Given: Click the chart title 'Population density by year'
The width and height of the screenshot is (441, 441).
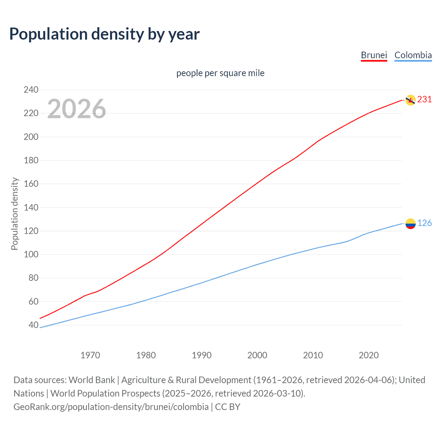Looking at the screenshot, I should (104, 34).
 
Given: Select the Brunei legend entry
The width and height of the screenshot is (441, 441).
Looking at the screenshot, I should (374, 55).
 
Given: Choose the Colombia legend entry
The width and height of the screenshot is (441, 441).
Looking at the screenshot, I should (413, 55).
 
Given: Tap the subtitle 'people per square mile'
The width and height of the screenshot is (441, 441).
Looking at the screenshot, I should (220, 73).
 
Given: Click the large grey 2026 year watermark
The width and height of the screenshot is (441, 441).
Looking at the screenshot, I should (76, 109).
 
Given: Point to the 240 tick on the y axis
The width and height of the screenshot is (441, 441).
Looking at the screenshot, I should (31, 90).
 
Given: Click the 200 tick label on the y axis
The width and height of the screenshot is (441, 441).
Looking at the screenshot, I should (31, 137).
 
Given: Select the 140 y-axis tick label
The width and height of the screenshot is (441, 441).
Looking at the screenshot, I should (31, 207).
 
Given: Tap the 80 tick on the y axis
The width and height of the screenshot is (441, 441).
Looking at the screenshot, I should (33, 278).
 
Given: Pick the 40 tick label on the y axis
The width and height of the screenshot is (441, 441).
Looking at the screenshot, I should (33, 325).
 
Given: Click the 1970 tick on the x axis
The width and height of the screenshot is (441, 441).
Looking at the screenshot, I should (90, 355).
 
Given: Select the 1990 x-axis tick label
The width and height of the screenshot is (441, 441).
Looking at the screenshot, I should (202, 355).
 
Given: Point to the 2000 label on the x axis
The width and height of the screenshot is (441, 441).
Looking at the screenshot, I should (257, 355).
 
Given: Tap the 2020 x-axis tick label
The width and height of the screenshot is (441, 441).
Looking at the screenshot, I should (369, 355).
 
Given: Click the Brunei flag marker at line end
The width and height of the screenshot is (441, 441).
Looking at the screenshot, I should (410, 100).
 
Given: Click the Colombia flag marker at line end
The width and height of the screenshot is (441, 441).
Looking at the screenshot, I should (410, 224).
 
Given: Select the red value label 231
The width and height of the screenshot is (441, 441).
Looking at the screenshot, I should (424, 100).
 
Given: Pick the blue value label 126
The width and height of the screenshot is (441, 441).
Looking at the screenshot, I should (424, 223).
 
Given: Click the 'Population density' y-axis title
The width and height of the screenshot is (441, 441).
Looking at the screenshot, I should (14, 214).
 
